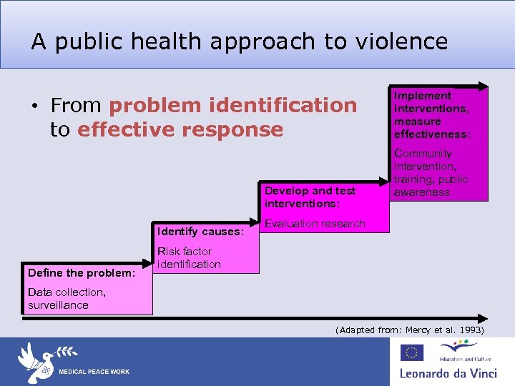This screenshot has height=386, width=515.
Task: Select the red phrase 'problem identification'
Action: click(x=232, y=105)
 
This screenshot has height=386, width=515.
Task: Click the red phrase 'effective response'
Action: click(x=180, y=129)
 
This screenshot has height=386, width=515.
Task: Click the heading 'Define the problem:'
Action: click(x=81, y=273)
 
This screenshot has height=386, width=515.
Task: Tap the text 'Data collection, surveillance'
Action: click(x=67, y=299)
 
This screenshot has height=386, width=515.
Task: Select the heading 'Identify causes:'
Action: click(x=200, y=232)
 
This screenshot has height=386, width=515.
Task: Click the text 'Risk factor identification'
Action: click(x=189, y=258)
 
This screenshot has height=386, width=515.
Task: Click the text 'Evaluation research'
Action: click(x=315, y=224)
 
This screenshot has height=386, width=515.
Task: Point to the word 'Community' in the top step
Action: click(x=423, y=154)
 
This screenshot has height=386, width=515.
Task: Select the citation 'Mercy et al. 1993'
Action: click(x=444, y=330)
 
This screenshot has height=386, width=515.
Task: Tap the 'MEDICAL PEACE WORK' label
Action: click(x=94, y=372)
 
